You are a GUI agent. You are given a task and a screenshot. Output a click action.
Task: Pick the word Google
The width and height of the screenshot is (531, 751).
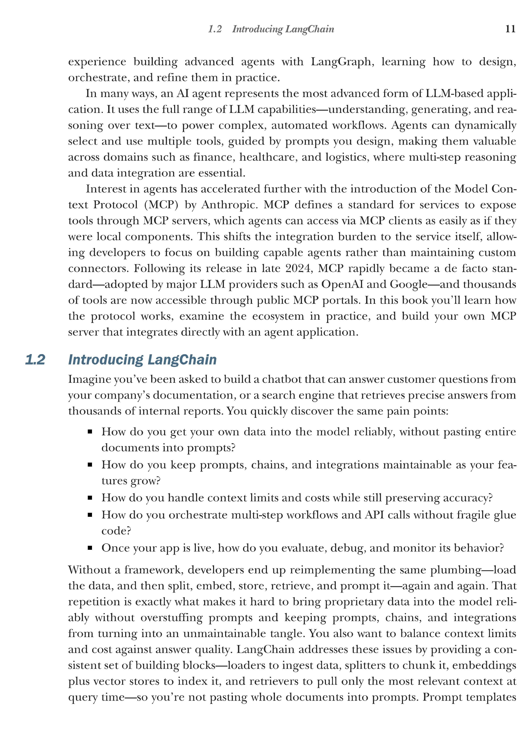pos(408,284)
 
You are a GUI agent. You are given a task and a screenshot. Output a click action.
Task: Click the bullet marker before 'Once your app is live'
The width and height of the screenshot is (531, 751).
pos(90,548)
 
